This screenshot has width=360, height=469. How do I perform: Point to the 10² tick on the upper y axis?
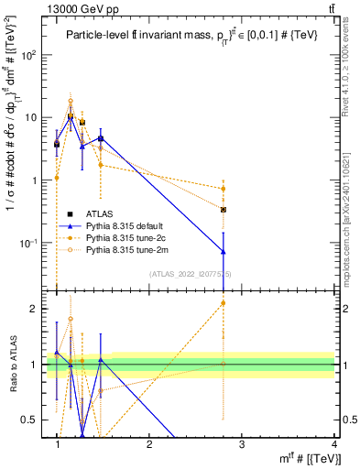(x=32, y=55)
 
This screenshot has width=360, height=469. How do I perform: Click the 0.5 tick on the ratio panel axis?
(x=31, y=420)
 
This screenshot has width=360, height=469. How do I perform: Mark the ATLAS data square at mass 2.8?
(x=224, y=209)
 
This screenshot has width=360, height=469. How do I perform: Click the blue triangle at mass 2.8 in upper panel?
(x=224, y=251)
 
